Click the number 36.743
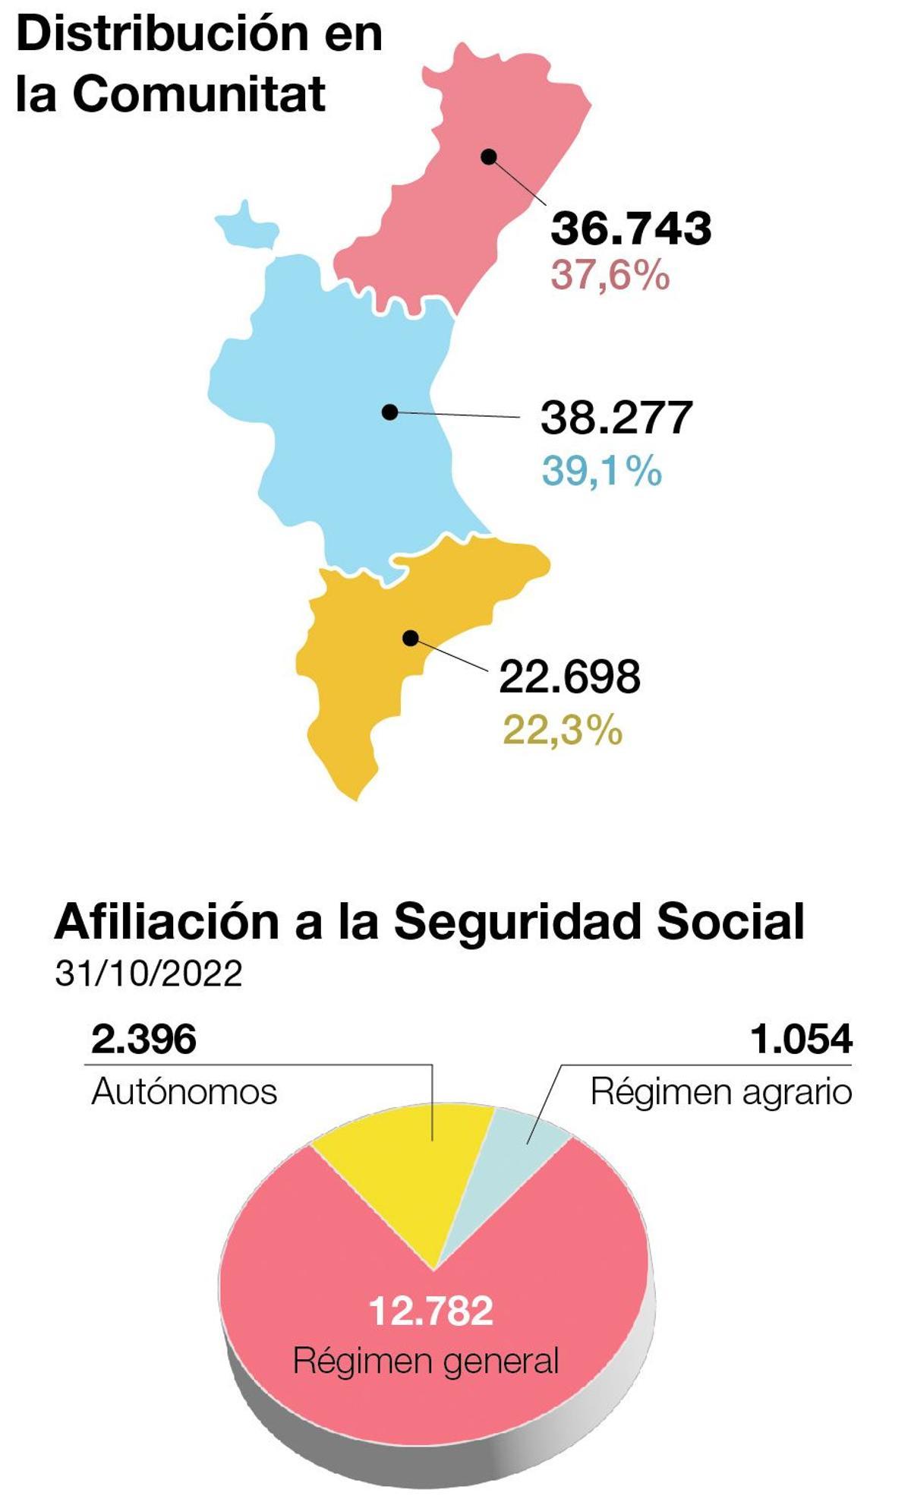click(631, 228)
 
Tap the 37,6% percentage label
click(610, 275)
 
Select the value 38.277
click(616, 418)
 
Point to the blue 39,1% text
click(601, 471)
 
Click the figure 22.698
click(569, 677)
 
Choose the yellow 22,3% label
click(563, 730)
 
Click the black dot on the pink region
click(490, 157)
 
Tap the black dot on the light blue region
click(390, 412)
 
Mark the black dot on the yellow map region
click(411, 638)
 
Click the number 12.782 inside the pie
click(430, 1311)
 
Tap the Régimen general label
click(425, 1360)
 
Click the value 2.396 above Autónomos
click(143, 1040)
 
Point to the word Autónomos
click(184, 1092)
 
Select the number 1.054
click(801, 1040)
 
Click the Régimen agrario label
click(721, 1092)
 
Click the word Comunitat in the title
click(199, 94)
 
